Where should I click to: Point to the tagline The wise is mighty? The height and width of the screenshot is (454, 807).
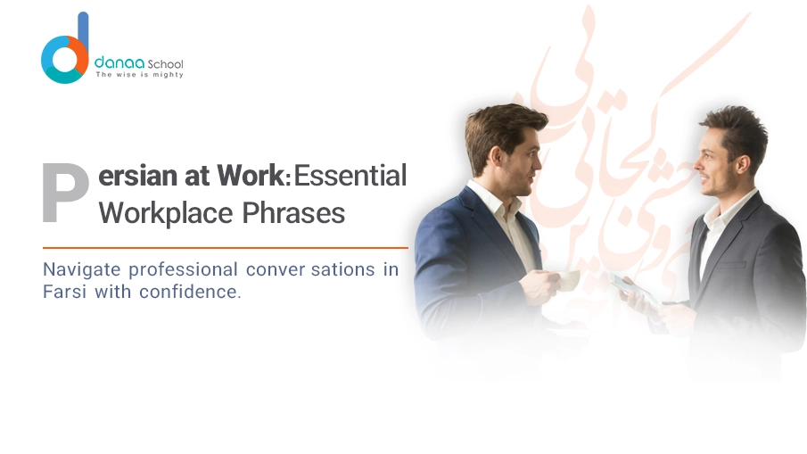139,75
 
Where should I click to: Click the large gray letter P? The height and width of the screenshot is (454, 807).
65,192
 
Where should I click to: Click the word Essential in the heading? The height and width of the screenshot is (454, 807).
350,176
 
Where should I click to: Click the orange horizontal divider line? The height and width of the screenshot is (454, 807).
225,247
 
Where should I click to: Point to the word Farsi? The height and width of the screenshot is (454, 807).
62,292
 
